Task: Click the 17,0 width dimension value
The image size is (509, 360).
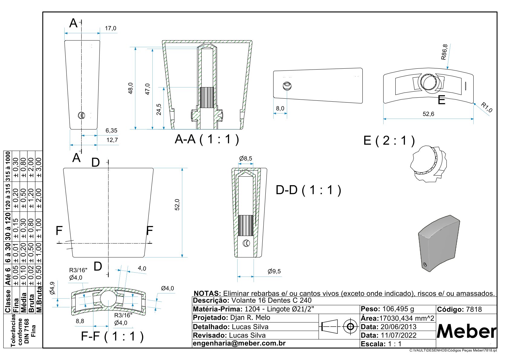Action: [x=110, y=28]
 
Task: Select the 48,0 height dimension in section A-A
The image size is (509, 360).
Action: [x=131, y=88]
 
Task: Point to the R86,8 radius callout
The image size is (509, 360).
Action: [x=444, y=52]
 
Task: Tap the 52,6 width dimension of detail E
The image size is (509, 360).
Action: [x=428, y=114]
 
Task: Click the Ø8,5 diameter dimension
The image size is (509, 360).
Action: [x=245, y=159]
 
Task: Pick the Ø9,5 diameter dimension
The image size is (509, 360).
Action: [x=274, y=271]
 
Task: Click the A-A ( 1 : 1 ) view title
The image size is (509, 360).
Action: [x=207, y=139]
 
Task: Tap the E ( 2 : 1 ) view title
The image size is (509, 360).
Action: [x=389, y=141]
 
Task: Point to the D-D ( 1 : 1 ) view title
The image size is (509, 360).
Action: [x=308, y=190]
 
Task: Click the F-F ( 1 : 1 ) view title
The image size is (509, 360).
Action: [x=112, y=336]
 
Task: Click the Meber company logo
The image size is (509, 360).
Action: [x=466, y=332]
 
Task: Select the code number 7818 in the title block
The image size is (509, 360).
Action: [x=474, y=309]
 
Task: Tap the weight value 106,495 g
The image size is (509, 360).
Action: [x=398, y=309]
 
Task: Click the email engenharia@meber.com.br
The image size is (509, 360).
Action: [x=239, y=343]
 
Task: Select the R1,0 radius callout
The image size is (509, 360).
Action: [x=487, y=107]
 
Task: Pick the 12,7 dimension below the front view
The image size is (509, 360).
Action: [x=112, y=140]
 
